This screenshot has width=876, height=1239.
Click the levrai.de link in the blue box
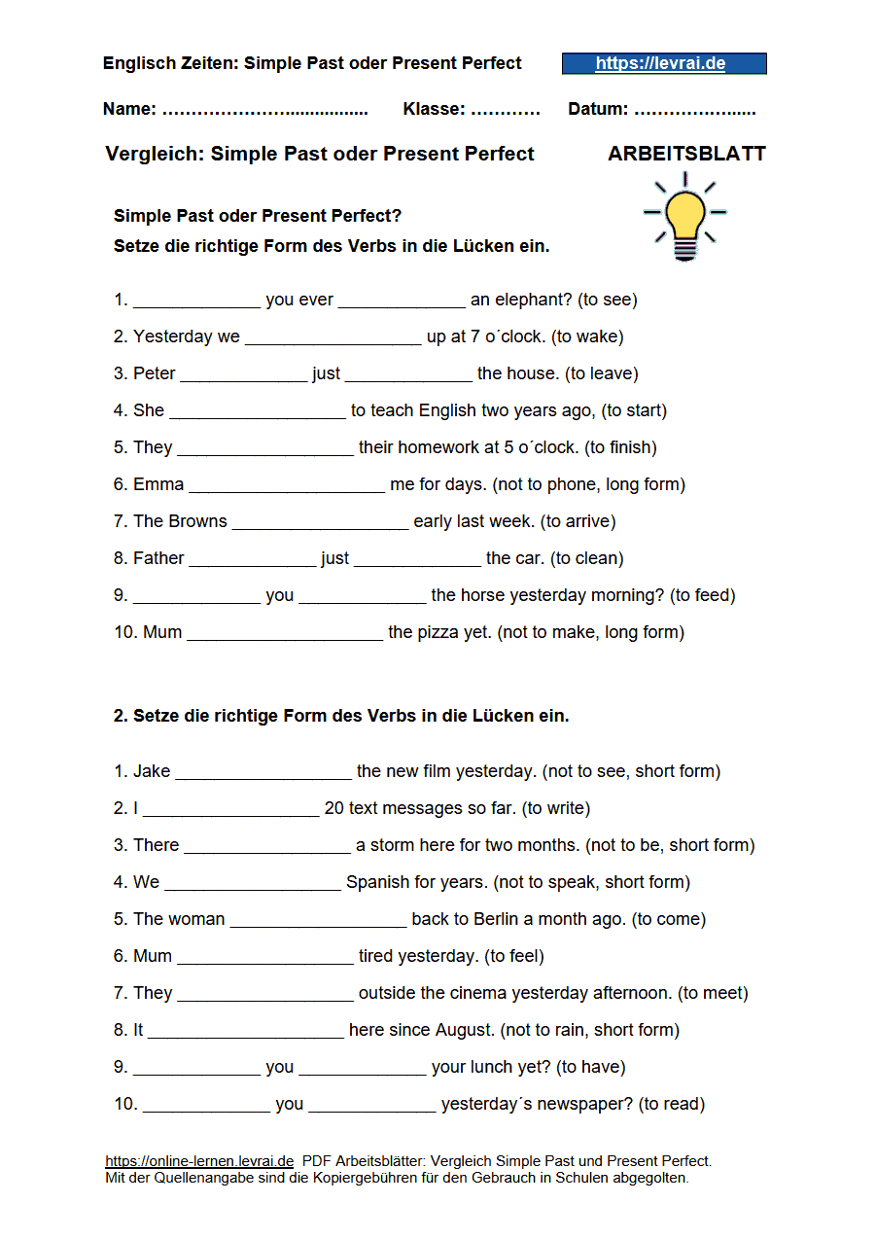660,64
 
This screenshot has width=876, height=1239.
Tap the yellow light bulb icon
685,218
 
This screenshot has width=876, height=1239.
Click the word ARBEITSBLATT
686,154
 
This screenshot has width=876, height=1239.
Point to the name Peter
155,373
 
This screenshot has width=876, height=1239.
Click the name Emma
158,484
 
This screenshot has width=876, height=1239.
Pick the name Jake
152,771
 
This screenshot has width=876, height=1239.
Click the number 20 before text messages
334,808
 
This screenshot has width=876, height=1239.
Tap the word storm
392,845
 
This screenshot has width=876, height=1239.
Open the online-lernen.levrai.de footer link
199,1160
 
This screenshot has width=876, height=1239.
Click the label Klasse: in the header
434,110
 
